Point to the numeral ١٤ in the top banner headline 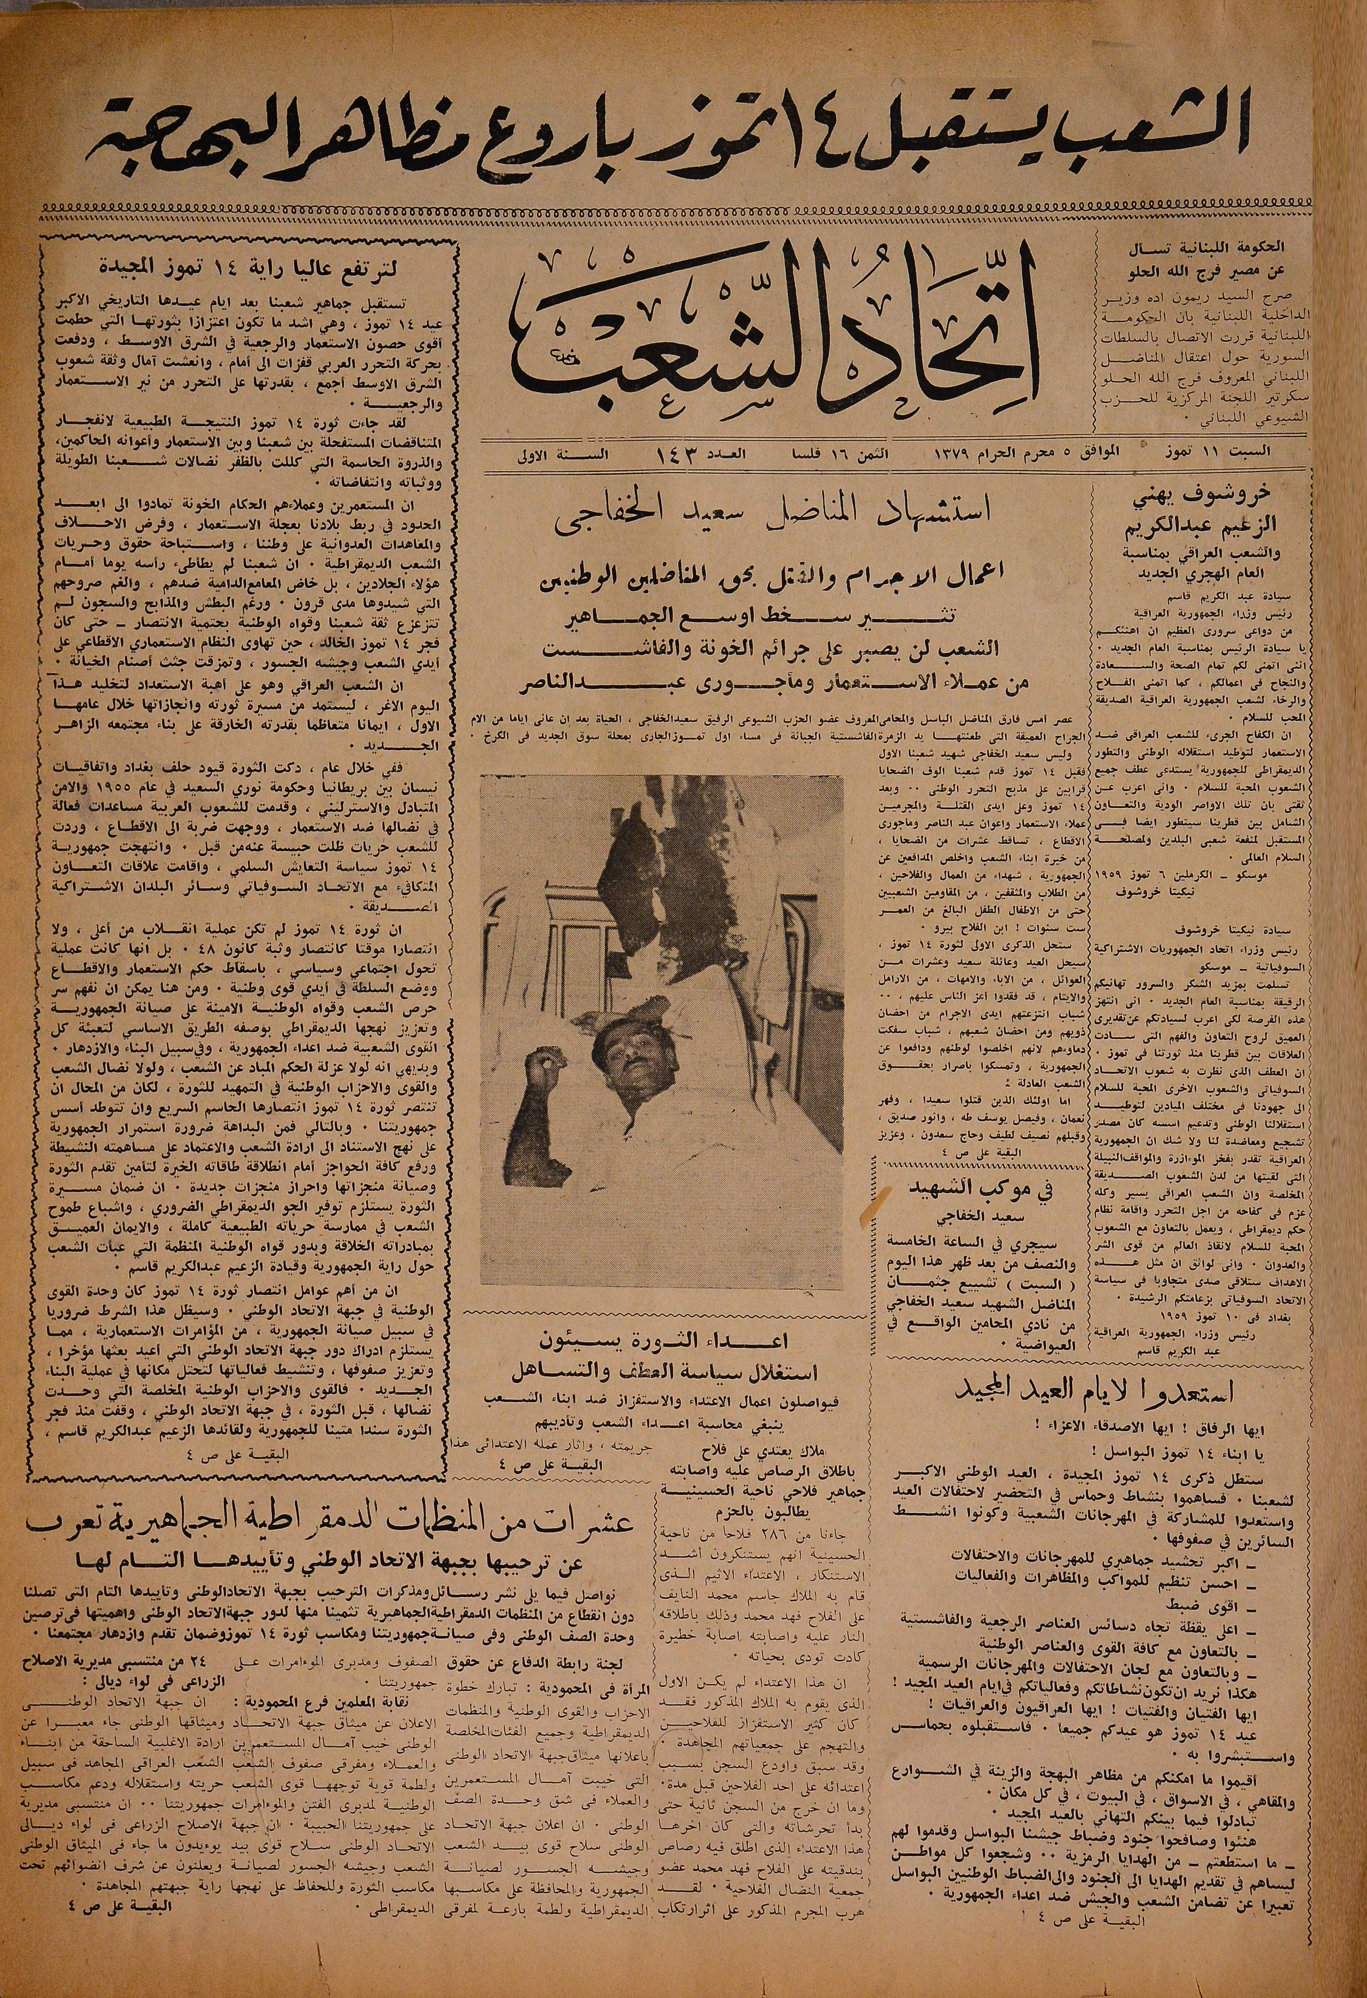coord(812,138)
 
